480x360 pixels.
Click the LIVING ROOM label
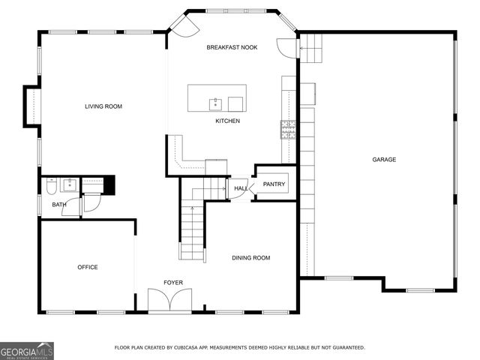pyautogui.click(x=103, y=106)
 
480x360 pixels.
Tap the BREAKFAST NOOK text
pyautogui.click(x=232, y=47)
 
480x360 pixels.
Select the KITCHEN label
pyautogui.click(x=227, y=121)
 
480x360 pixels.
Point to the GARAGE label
pyautogui.click(x=384, y=159)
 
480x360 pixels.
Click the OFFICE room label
pyautogui.click(x=88, y=267)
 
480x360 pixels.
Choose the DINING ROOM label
pyautogui.click(x=250, y=258)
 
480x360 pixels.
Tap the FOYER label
pyautogui.click(x=173, y=283)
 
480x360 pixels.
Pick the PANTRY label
pyautogui.click(x=274, y=184)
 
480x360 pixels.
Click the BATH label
pyautogui.click(x=58, y=205)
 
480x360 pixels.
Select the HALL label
pyautogui.click(x=240, y=188)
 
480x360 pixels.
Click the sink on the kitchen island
pyautogui.click(x=215, y=102)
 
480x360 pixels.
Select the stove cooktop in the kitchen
pyautogui.click(x=288, y=130)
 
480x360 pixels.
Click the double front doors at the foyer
pyautogui.click(x=169, y=301)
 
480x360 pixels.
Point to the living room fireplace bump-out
pyautogui.click(x=31, y=106)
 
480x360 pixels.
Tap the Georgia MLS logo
pyautogui.click(x=27, y=350)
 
